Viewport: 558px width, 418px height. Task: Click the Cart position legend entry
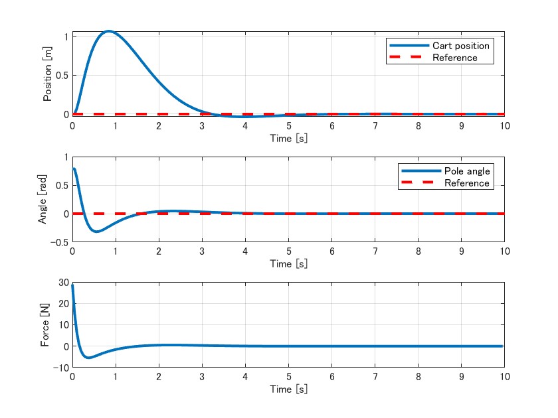click(x=460, y=46)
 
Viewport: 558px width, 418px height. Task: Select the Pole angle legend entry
click(x=466, y=171)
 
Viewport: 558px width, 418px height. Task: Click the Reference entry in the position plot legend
click(x=454, y=58)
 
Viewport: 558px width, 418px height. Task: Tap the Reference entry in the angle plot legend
click(x=466, y=183)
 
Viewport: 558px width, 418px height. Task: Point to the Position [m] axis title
click(x=47, y=74)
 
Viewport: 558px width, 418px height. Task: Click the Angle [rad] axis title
click(x=43, y=200)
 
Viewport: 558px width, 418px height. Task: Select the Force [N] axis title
click(x=45, y=325)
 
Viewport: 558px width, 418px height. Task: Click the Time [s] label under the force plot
click(x=288, y=389)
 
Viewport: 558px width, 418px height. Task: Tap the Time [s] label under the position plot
click(x=288, y=139)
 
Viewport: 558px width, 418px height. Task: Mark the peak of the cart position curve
click(x=108, y=31)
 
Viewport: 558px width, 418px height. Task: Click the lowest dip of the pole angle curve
click(x=96, y=232)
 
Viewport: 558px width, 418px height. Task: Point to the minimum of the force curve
click(x=89, y=358)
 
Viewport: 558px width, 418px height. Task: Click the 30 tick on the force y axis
click(x=64, y=283)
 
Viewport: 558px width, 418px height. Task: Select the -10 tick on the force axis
click(x=62, y=368)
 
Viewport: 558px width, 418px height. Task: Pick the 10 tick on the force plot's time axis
click(x=504, y=377)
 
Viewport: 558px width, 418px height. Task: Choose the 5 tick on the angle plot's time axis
click(x=288, y=251)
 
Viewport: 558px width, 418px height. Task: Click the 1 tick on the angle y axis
click(x=66, y=157)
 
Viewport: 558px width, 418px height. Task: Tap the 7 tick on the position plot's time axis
click(x=375, y=126)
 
